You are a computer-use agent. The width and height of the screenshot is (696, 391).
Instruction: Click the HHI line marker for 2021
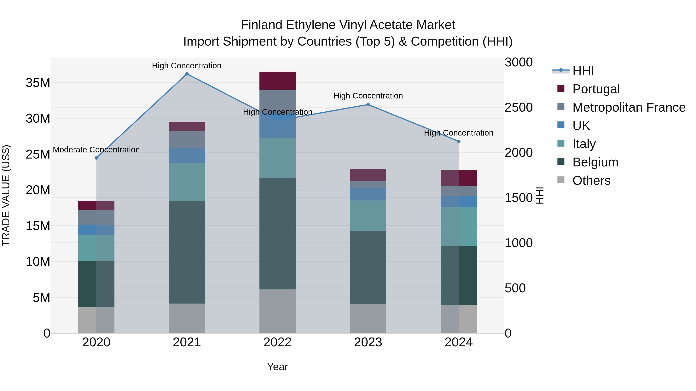[187, 74]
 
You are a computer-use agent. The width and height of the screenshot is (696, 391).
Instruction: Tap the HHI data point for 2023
[368, 104]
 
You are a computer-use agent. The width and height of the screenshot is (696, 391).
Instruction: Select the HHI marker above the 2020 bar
[96, 158]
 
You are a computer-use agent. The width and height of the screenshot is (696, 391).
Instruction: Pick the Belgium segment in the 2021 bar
[187, 252]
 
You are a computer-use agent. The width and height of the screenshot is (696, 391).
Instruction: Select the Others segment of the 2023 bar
[368, 318]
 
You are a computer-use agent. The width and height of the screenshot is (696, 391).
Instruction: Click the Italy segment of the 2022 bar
[277, 158]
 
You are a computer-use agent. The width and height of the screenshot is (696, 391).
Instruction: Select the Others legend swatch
[561, 180]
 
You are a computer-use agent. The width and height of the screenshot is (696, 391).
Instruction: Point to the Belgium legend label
[595, 162]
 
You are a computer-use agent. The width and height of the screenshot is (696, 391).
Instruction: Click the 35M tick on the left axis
[38, 83]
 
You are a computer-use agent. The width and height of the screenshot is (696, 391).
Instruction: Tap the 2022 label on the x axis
[277, 342]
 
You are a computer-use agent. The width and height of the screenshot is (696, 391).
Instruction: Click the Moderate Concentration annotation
[96, 149]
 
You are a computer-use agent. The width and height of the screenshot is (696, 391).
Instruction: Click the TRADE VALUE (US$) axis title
[6, 195]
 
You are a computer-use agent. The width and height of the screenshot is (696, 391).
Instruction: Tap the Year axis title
[277, 367]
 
